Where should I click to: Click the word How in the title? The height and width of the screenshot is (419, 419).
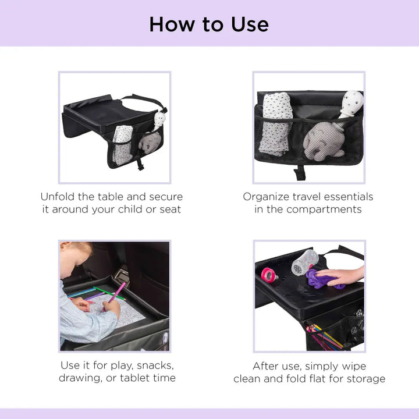pyautogui.click(x=170, y=24)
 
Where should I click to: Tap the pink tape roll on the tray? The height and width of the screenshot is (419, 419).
pyautogui.click(x=269, y=275)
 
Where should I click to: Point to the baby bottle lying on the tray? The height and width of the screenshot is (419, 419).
pyautogui.click(x=304, y=261)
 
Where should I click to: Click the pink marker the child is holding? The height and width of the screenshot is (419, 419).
pyautogui.click(x=116, y=292)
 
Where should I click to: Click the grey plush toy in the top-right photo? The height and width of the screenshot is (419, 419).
pyautogui.click(x=323, y=142)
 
